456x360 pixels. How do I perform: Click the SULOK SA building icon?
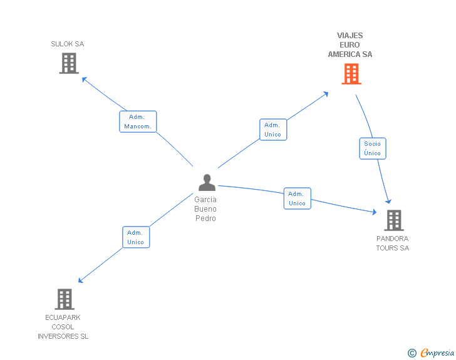[x=68, y=63]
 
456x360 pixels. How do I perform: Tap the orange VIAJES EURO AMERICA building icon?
[x=351, y=74]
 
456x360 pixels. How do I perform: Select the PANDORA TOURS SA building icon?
[x=393, y=220]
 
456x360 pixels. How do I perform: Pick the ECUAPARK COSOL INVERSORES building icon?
[x=64, y=299]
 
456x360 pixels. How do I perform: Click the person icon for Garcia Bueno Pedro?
[x=207, y=182]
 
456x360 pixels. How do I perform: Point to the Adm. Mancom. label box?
[x=138, y=121]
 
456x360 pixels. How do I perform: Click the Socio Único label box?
[x=372, y=148]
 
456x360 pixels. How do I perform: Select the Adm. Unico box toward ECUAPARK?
[x=135, y=237]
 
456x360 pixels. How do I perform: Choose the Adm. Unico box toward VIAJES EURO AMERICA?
[x=272, y=130]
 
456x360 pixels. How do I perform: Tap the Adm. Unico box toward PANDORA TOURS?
[x=297, y=198]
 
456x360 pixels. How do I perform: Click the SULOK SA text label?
[x=67, y=44]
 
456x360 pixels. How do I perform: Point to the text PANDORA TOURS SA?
[x=393, y=244]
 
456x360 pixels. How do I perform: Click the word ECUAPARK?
[x=63, y=317]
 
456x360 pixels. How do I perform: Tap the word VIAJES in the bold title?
[x=350, y=36]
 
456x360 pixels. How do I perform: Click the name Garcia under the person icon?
[x=205, y=200]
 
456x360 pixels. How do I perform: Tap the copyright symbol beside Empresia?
[x=412, y=354]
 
